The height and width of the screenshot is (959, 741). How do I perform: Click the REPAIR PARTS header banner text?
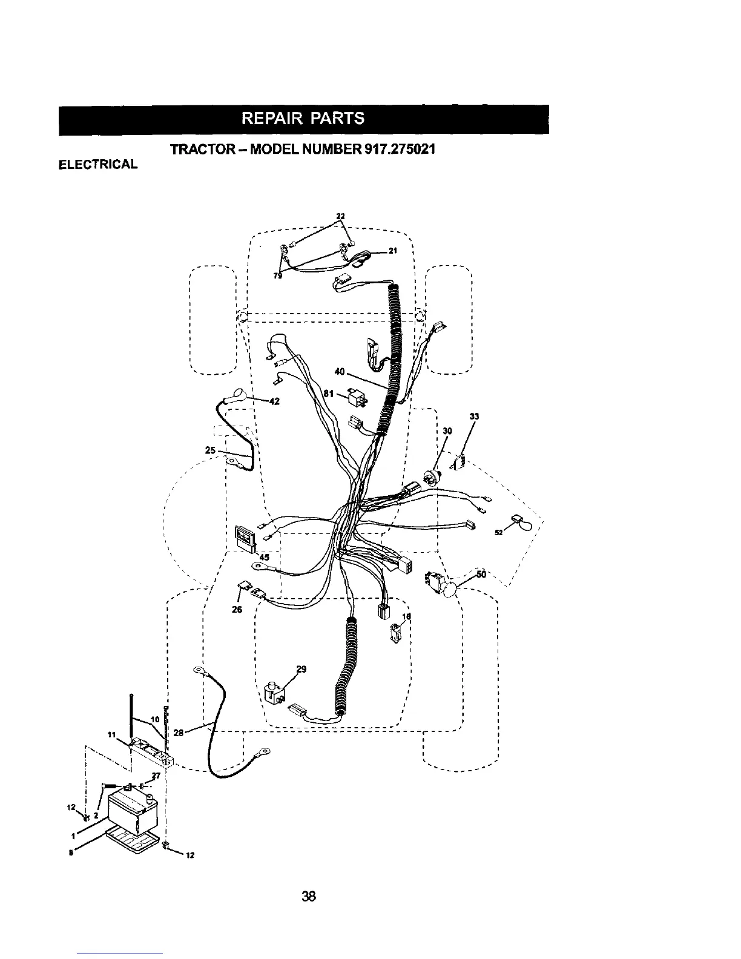(x=303, y=118)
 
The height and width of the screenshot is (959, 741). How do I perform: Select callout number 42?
(x=274, y=401)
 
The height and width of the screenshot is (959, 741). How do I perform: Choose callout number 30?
(x=447, y=430)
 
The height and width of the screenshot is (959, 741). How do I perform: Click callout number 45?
(x=265, y=557)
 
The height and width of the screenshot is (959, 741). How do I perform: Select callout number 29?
(x=301, y=669)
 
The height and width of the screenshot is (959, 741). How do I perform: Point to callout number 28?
(x=179, y=733)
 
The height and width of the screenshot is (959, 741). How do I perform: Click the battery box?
(x=133, y=811)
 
